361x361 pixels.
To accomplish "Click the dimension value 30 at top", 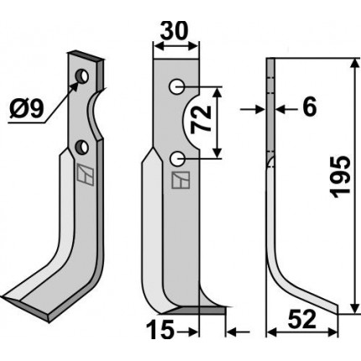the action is (174, 31).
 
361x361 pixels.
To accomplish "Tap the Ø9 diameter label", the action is (27, 109).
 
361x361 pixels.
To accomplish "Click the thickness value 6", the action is (310, 107).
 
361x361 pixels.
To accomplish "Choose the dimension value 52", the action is (302, 319).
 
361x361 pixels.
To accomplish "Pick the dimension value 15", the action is (160, 330).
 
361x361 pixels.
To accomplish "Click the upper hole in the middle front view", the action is (176, 86).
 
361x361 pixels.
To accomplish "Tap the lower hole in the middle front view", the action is (176, 159).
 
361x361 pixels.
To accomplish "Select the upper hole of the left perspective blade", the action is (81, 76).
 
